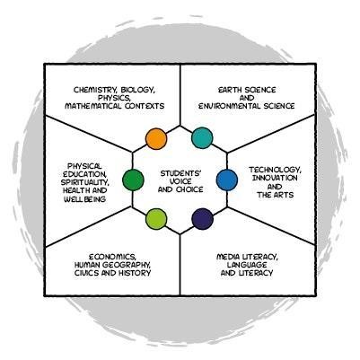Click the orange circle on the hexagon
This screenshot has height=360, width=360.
click(x=156, y=138)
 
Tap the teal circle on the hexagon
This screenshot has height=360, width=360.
click(x=202, y=138)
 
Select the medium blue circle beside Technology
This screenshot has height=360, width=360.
click(x=227, y=180)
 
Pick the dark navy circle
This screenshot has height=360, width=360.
click(x=202, y=219)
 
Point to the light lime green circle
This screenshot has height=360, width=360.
click(x=156, y=219)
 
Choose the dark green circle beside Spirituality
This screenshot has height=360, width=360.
click(x=133, y=180)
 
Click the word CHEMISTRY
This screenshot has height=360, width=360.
click(x=92, y=90)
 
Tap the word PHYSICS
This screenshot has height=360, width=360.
click(x=115, y=98)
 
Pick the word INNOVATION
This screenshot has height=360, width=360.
click(x=275, y=178)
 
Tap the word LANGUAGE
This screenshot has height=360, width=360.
click(x=247, y=265)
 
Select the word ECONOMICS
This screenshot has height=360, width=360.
click(x=113, y=257)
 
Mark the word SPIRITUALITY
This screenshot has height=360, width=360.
click(x=84, y=182)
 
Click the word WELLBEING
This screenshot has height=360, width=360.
click(x=84, y=199)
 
